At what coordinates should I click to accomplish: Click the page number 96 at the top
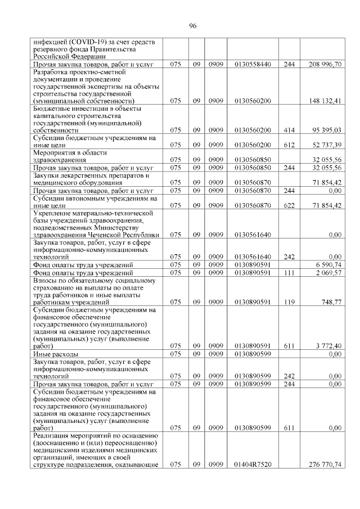(x=192, y=26)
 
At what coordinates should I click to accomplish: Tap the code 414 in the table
(x=289, y=130)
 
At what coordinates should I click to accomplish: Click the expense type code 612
(x=289, y=145)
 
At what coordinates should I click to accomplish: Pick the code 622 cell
(x=289, y=206)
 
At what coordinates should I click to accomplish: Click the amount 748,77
(x=331, y=302)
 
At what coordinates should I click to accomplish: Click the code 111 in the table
(x=289, y=273)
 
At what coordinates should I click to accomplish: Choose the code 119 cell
(x=289, y=302)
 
